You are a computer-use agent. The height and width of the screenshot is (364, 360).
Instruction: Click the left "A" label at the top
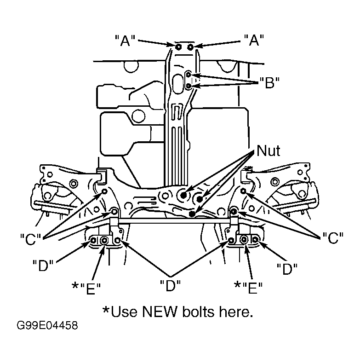coord(125,40)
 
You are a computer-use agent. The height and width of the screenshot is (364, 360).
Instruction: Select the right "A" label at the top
coord(254,40)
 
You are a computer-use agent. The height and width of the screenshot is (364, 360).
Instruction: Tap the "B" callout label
coord(269,83)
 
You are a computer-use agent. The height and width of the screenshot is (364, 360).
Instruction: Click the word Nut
coord(269,150)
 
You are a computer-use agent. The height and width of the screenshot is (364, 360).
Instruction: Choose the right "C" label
coord(333,238)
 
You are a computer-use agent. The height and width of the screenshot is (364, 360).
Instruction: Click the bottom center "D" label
coord(170,286)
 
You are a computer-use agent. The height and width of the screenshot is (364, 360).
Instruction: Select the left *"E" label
coord(86,289)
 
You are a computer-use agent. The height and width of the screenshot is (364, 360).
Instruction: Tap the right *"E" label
coord(248,288)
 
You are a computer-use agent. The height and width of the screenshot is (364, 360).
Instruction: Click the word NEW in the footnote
coord(160,312)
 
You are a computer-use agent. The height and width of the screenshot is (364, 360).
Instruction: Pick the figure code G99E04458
coord(47,325)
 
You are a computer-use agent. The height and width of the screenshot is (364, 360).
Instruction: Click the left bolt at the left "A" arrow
coord(178,47)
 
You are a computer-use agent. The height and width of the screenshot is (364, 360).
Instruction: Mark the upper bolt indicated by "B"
coord(189,75)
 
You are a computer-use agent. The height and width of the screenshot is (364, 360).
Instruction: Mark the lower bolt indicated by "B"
coord(189,86)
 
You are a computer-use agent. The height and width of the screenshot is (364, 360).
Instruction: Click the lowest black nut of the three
coord(192,214)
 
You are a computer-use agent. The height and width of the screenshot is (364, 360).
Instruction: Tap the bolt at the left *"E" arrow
coord(104,240)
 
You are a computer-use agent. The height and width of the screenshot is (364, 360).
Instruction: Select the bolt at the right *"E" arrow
coord(244,239)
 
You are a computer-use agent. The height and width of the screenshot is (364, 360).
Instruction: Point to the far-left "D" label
coord(43,266)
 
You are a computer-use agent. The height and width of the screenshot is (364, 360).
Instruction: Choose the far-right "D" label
coord(287,269)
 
